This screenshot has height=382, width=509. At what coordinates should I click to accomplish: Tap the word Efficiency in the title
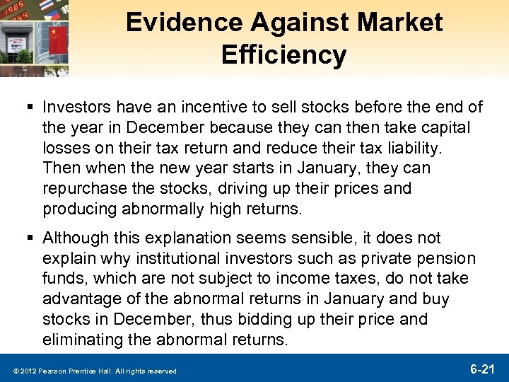[x=283, y=54]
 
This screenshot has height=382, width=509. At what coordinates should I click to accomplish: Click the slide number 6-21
[x=483, y=369]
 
